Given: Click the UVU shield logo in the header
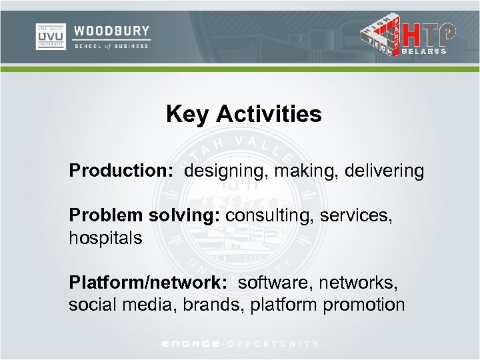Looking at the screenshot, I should pyautogui.click(x=50, y=36).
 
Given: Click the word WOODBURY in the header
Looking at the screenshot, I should pyautogui.click(x=111, y=31).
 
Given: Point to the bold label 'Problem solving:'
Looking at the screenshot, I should pyautogui.click(x=145, y=216).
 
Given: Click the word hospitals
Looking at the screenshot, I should pyautogui.click(x=105, y=238).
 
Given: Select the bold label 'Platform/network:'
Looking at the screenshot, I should pyautogui.click(x=149, y=283).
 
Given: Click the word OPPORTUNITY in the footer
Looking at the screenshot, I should pyautogui.click(x=273, y=344).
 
